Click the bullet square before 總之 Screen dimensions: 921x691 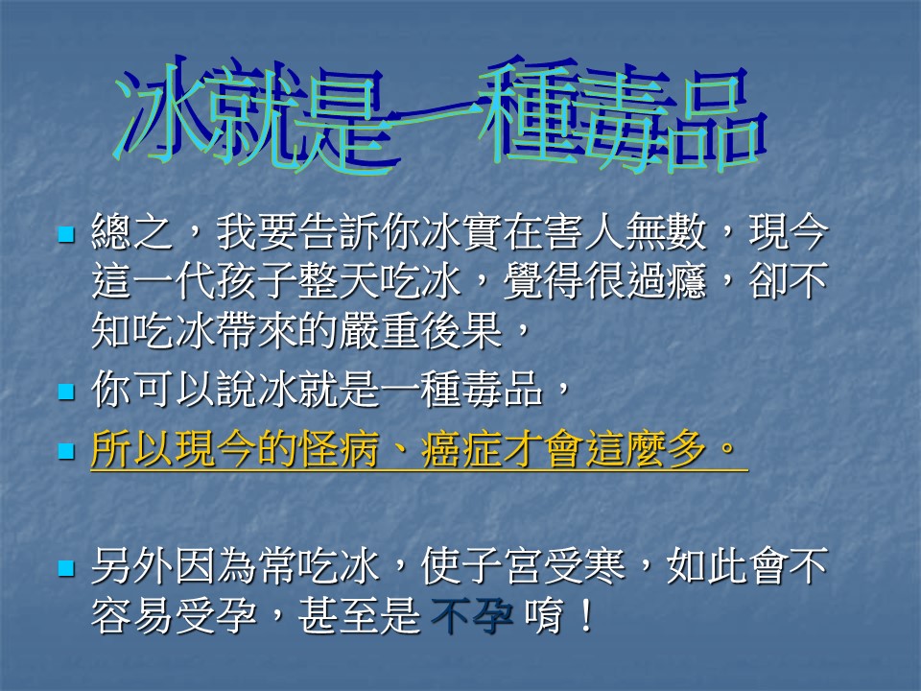click(x=66, y=234)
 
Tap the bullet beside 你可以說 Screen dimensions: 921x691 click(x=66, y=392)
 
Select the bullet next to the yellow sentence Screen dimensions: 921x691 click(x=66, y=451)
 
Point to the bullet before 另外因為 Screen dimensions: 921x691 click(x=66, y=568)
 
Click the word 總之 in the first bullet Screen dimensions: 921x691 click(x=132, y=232)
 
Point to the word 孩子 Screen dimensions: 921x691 click(x=256, y=281)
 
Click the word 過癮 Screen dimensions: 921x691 click(x=666, y=281)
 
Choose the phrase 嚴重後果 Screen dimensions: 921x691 click(x=420, y=330)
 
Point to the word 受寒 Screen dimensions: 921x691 click(x=584, y=566)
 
